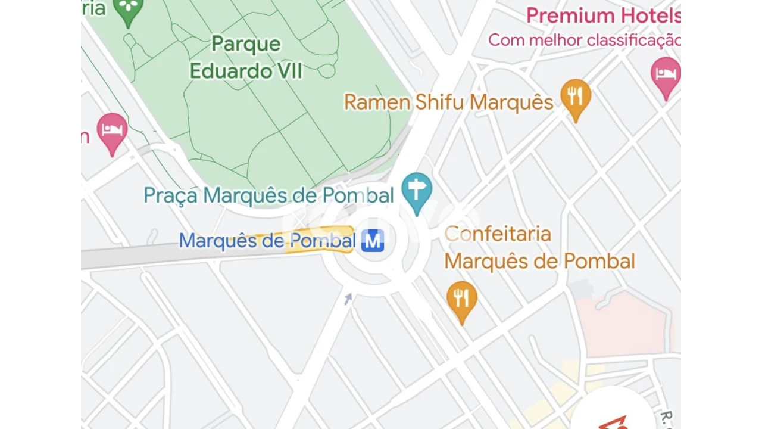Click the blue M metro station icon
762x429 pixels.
point(373,241)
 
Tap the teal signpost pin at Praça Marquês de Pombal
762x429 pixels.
point(417,190)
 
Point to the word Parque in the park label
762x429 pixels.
point(246,43)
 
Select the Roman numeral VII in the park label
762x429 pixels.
point(288,71)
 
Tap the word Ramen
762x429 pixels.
point(377,102)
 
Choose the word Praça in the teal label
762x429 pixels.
point(170,195)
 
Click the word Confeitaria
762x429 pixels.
point(498,234)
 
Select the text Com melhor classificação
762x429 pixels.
point(583,40)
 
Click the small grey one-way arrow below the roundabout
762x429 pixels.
point(348,299)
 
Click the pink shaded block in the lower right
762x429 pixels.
point(625,322)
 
